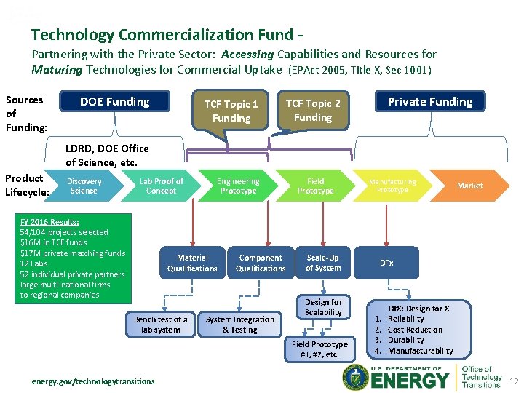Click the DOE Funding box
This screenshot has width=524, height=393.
pyautogui.click(x=115, y=102)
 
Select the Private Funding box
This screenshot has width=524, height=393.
pyautogui.click(x=429, y=102)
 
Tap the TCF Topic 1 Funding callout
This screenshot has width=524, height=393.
pyautogui.click(x=231, y=111)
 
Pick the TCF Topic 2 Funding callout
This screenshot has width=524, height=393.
pyautogui.click(x=313, y=110)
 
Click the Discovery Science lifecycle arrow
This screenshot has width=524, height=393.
pyautogui.click(x=84, y=186)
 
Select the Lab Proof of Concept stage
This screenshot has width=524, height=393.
pyautogui.click(x=161, y=186)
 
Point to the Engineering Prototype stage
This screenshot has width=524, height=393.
pyautogui.click(x=238, y=186)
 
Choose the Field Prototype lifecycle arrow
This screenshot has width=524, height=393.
pyautogui.click(x=315, y=186)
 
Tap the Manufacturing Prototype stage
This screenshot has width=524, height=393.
pyautogui.click(x=392, y=186)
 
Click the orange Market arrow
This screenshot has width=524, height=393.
pyautogui.click(x=469, y=186)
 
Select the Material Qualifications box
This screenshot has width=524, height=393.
pyautogui.click(x=192, y=263)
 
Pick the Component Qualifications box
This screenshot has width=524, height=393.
pyautogui.click(x=261, y=263)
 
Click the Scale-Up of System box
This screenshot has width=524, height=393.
pyautogui.click(x=323, y=263)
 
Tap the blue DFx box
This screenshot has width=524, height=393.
pyautogui.click(x=386, y=263)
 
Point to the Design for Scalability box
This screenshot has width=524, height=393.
pyautogui.click(x=323, y=307)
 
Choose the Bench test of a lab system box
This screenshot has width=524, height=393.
pyautogui.click(x=161, y=325)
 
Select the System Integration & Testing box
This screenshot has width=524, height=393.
pyautogui.click(x=240, y=325)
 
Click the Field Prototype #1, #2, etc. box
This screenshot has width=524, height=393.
pyautogui.click(x=319, y=349)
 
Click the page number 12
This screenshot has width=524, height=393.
pyautogui.click(x=514, y=381)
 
